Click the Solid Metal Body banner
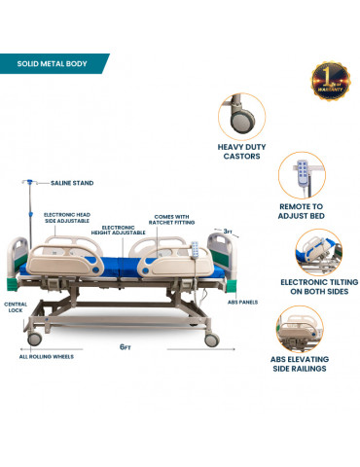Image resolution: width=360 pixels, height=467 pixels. (x=53, y=65)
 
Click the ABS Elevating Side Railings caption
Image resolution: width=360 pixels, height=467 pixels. (x=303, y=365)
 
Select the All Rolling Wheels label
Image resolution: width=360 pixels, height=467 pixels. (x=47, y=356)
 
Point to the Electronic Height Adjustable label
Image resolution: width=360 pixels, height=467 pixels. (x=124, y=230)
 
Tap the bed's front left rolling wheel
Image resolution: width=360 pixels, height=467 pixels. (x=35, y=338)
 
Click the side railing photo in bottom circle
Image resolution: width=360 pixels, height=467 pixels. (x=303, y=329)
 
